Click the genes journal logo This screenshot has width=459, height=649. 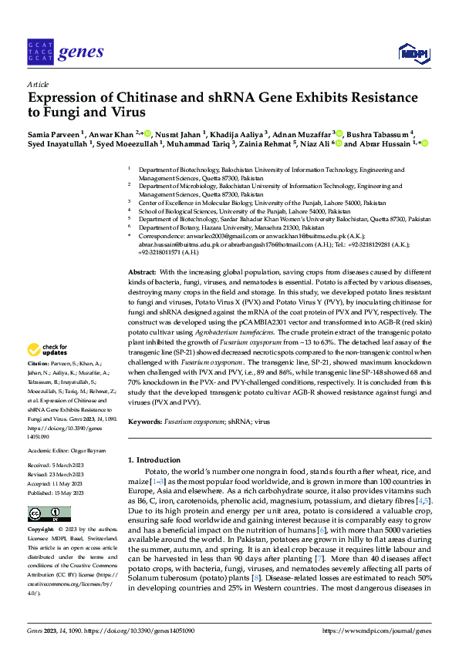[x=65, y=52]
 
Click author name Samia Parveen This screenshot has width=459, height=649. [x=52, y=133]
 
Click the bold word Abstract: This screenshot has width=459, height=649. [x=142, y=274]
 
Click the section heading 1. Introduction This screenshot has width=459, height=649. [x=158, y=460]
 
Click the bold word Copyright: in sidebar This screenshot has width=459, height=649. [x=41, y=531]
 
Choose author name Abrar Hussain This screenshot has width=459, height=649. [x=386, y=144]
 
